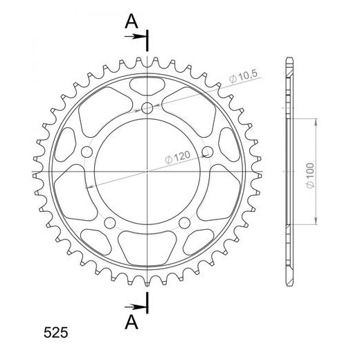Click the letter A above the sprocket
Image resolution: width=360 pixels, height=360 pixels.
pyautogui.click(x=132, y=21)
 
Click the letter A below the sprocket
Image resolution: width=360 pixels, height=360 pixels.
pyautogui.click(x=132, y=322)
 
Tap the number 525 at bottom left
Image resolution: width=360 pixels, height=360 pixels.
pyautogui.click(x=56, y=333)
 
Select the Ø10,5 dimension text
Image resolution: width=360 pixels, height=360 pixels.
pyautogui.click(x=243, y=76)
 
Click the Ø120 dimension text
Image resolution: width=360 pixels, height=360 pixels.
pyautogui.click(x=178, y=157)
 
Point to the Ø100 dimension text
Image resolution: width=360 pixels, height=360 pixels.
pyautogui.click(x=310, y=175)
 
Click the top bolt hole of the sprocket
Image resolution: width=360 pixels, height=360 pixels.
pyautogui.click(x=147, y=108)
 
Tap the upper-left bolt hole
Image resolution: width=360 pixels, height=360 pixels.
pyautogui.click(x=87, y=152)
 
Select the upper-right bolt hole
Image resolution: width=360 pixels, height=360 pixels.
pyautogui.click(x=208, y=152)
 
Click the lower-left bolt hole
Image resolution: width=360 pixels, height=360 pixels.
pyautogui.click(x=110, y=223)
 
